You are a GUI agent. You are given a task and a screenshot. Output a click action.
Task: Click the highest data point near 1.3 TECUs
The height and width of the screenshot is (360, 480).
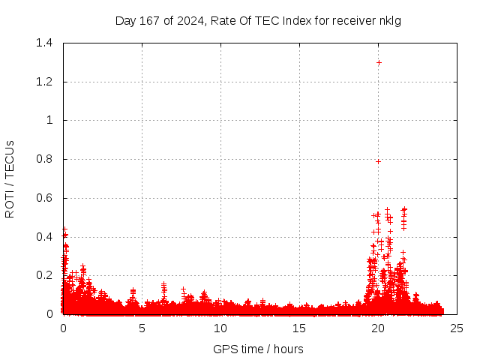click(x=379, y=62)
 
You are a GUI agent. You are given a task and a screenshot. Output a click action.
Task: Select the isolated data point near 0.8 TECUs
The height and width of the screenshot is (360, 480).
click(x=378, y=161)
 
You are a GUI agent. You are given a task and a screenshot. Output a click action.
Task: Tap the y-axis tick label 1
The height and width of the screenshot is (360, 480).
click(x=49, y=120)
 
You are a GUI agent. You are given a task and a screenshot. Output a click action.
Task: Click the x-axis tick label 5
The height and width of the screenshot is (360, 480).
click(x=142, y=328)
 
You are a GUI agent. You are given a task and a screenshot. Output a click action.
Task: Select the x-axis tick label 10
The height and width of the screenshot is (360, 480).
click(x=220, y=328)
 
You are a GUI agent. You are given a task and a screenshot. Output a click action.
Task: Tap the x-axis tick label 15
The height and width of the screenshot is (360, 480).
click(x=299, y=328)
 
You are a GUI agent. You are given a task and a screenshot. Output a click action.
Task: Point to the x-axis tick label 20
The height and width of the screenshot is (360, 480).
click(x=378, y=328)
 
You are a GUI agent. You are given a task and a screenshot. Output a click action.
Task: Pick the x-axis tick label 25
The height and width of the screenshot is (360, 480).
click(x=457, y=328)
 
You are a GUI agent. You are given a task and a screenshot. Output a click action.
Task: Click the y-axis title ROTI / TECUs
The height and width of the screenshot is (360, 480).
click(x=10, y=178)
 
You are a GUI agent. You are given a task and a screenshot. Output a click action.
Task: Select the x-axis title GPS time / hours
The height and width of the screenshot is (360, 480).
click(x=258, y=349)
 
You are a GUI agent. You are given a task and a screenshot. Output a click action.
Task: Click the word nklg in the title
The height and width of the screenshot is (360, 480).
click(x=391, y=20)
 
